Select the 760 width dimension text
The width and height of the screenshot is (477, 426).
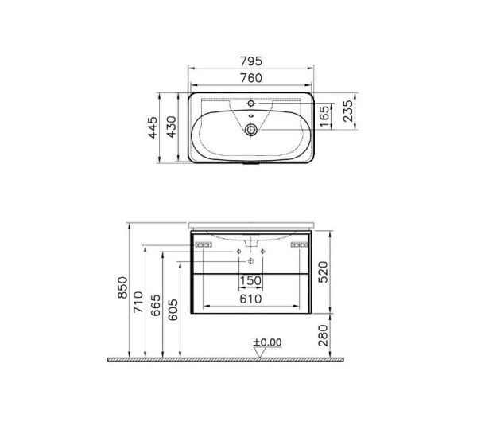pos(250,76)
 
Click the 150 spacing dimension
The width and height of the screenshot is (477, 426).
pos(250,281)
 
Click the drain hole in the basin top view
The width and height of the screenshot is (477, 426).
pos(251,128)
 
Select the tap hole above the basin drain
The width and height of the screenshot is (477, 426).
pos(251,103)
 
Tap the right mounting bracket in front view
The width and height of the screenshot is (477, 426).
pos(298,244)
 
